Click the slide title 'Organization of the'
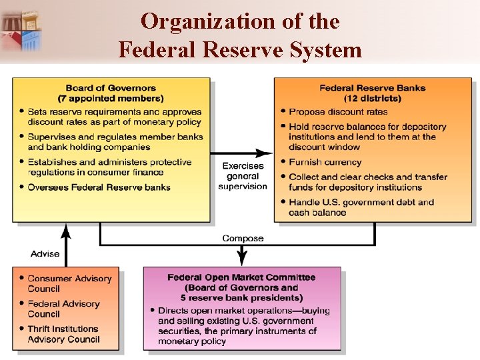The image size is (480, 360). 240,21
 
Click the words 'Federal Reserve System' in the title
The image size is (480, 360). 240,50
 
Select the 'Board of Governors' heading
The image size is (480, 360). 111,88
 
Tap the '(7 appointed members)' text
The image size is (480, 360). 111,98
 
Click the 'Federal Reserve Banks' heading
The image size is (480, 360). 372,88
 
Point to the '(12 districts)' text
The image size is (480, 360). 372,98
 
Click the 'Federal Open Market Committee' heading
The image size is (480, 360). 241,277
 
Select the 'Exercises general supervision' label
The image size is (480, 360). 243,176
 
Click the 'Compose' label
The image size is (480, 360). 243,239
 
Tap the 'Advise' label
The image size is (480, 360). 45,253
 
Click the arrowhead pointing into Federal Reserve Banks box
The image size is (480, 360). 268,153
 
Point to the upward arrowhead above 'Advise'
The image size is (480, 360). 65,230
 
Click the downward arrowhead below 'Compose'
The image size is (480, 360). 243,257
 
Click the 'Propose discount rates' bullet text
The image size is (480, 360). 338,111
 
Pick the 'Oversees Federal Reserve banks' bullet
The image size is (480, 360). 99,187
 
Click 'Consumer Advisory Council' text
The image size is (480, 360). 69,283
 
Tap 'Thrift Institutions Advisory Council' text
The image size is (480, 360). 63,334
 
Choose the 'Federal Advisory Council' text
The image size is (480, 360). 63,309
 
